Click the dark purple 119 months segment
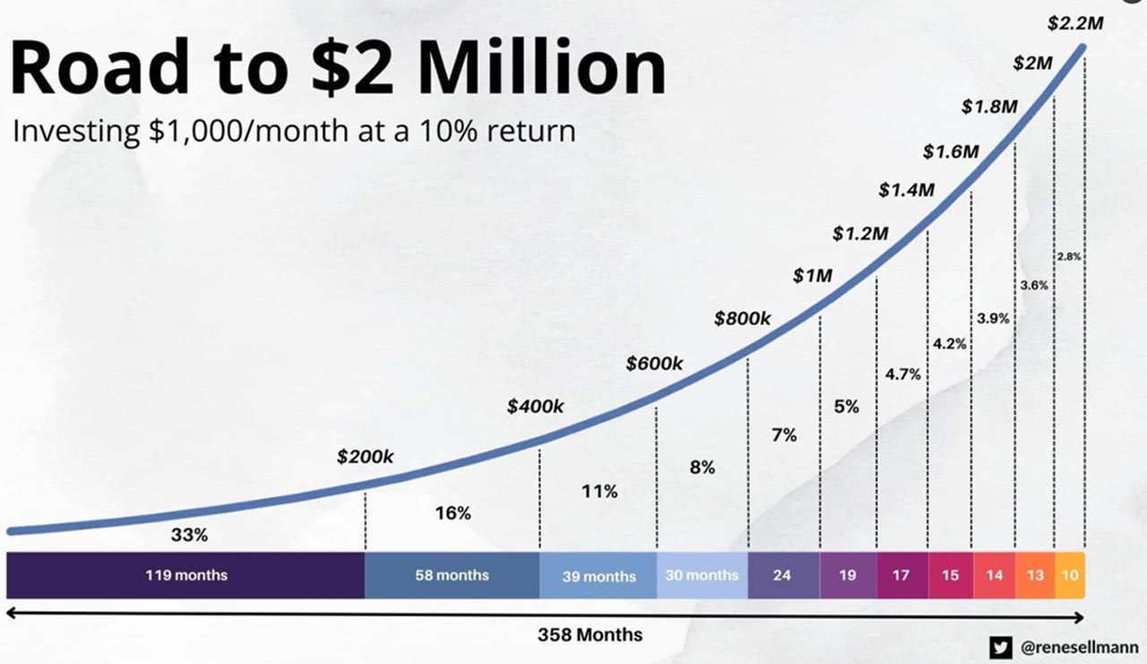[186, 575]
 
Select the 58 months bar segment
[452, 575]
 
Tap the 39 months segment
[599, 576]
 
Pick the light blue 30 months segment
[702, 575]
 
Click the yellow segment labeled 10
[1069, 575]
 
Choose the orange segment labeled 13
[1035, 575]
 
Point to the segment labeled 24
[782, 575]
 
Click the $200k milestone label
[365, 456]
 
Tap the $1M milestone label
[812, 276]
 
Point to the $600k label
[654, 363]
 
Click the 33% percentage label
[189, 535]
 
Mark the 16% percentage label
[453, 513]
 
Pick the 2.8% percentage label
[1069, 256]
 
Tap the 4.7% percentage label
[902, 375]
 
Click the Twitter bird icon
[1000, 646]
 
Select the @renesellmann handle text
[1079, 646]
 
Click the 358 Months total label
[590, 634]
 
